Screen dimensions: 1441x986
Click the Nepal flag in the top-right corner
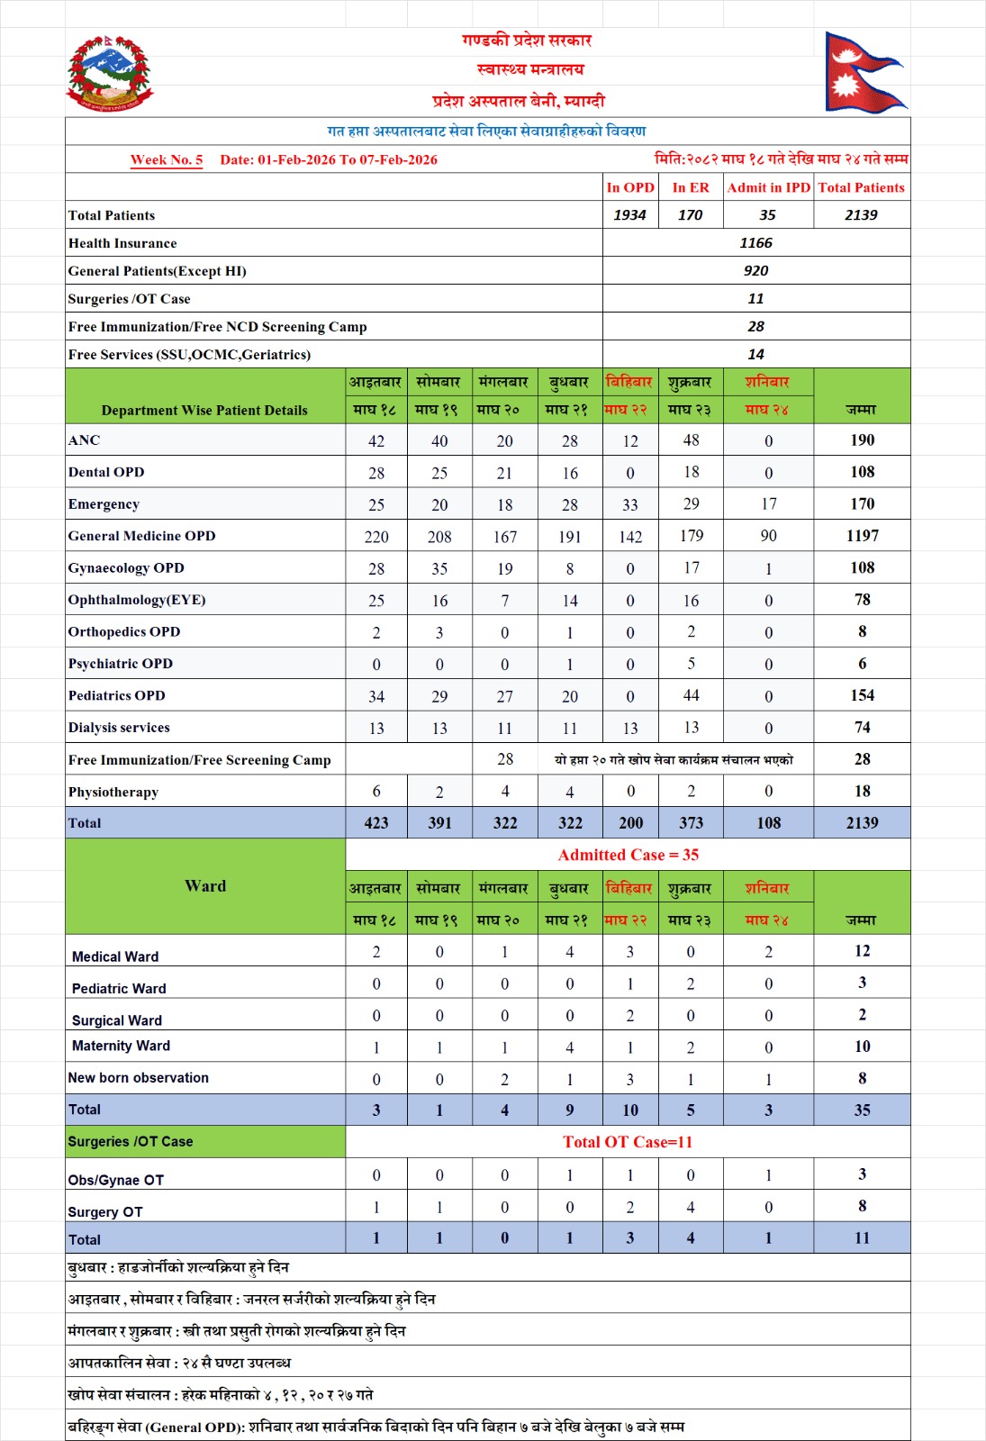click(x=863, y=72)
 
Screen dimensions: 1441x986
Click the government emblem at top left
click(x=110, y=74)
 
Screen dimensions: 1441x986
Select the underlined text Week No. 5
click(x=167, y=159)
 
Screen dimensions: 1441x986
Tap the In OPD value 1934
click(x=629, y=214)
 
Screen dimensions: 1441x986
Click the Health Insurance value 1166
click(x=755, y=242)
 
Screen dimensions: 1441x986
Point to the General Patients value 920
click(x=755, y=270)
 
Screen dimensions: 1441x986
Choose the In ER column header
click(x=690, y=187)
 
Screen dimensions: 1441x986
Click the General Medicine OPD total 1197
click(x=862, y=536)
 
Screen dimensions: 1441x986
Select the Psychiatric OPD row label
click(x=121, y=664)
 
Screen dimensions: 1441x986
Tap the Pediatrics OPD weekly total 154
click(x=862, y=695)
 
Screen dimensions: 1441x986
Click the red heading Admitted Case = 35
click(x=628, y=855)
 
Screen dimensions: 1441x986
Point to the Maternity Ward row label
click(x=121, y=1046)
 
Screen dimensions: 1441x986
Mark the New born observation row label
click(x=139, y=1077)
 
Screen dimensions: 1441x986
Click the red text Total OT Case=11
click(x=628, y=1142)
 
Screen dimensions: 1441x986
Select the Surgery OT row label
click(x=105, y=1212)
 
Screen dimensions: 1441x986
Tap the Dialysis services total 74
click(x=862, y=727)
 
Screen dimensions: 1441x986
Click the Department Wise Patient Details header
click(x=204, y=410)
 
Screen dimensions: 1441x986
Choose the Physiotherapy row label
click(x=113, y=792)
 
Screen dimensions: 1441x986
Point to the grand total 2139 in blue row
click(x=862, y=822)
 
